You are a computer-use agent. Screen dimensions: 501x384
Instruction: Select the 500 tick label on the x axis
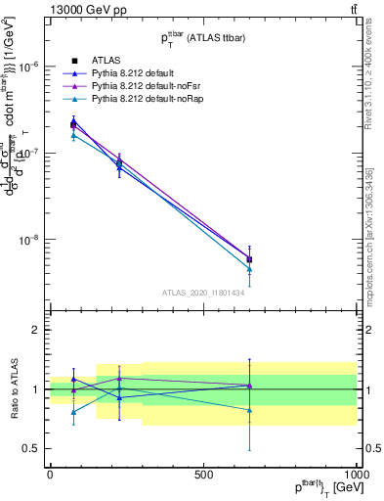[203, 474]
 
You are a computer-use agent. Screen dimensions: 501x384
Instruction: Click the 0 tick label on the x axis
[50, 474]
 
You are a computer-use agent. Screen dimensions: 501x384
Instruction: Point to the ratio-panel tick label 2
[35, 330]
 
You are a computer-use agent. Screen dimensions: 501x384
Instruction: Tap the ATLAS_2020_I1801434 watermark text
[202, 292]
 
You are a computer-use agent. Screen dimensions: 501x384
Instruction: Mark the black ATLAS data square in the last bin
[249, 259]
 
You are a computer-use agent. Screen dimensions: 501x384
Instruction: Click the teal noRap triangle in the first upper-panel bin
[73, 135]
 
